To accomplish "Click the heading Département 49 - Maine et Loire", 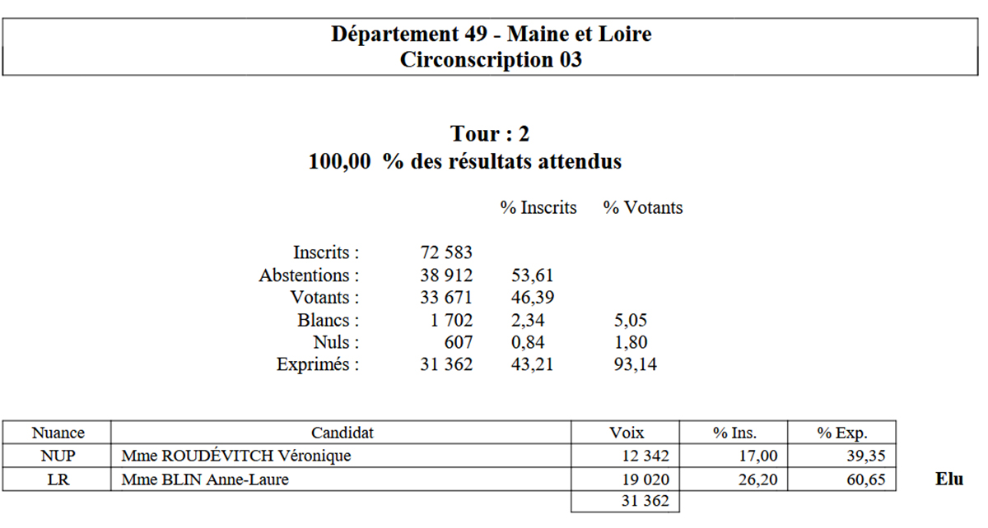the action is (x=491, y=34).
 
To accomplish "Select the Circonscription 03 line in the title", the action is (x=491, y=59).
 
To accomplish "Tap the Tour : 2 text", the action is (x=490, y=133).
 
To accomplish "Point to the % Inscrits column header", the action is (x=538, y=207).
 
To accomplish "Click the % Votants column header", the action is (x=643, y=207).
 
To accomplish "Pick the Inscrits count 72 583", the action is (x=446, y=252).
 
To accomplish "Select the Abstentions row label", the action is (x=309, y=276).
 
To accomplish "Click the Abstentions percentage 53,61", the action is (x=533, y=276).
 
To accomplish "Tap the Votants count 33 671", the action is (x=446, y=298).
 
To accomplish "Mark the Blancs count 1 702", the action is (x=451, y=321).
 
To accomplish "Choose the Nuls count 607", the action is (x=459, y=342).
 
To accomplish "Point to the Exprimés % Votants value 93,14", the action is (x=635, y=364).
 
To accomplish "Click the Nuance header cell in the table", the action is (x=58, y=433).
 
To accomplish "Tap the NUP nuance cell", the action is (x=58, y=456).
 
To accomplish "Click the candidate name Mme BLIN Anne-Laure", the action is (x=205, y=479).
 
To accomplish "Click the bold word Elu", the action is (x=949, y=479).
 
